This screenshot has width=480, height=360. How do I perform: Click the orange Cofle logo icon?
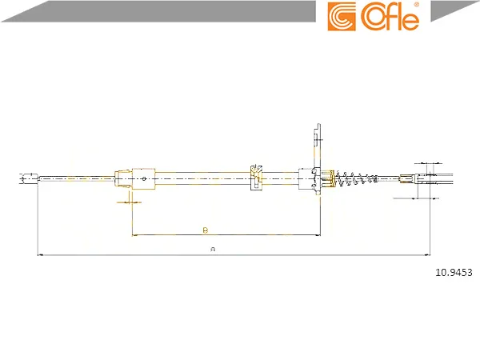(x=342, y=17)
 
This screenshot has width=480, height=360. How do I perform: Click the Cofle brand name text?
(x=390, y=17)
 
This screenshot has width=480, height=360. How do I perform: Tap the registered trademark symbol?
(x=417, y=5)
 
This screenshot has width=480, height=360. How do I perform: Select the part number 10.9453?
(x=454, y=272)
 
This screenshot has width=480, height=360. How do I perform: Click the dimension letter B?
(x=206, y=230)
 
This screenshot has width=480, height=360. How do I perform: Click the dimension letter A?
(x=214, y=250)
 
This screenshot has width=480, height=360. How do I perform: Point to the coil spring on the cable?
(x=357, y=178)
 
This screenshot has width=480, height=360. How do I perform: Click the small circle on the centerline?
(x=144, y=178)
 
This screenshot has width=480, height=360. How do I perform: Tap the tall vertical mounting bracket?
(x=318, y=159)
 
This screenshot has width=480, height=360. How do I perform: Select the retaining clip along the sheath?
(x=256, y=178)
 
